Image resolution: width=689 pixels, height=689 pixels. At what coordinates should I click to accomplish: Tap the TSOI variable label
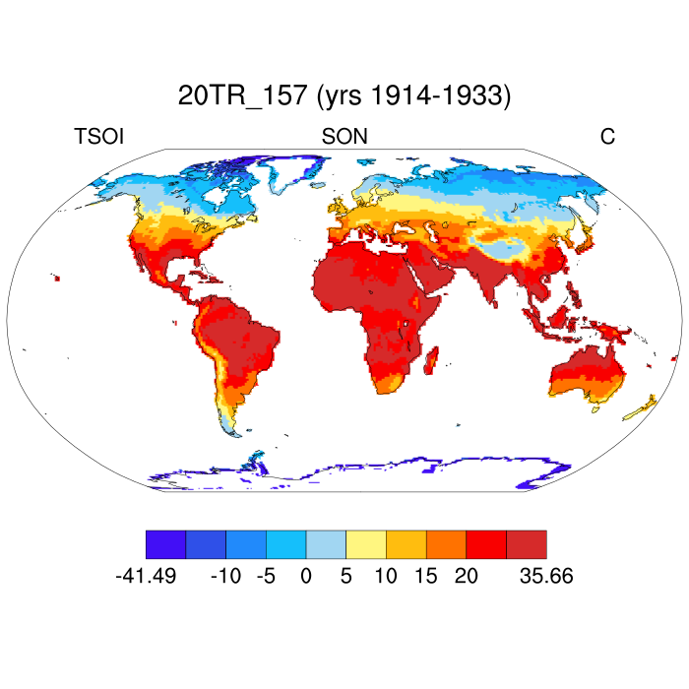(x=98, y=137)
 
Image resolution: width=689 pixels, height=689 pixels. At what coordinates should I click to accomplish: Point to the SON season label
(x=344, y=137)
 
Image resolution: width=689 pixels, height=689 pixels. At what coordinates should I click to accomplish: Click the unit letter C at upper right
(x=607, y=137)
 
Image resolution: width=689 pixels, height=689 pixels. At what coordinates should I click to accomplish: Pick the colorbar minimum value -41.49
(x=146, y=576)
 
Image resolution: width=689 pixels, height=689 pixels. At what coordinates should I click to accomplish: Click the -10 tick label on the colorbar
(x=226, y=576)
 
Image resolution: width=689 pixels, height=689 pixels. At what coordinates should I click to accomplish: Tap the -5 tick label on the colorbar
(x=266, y=576)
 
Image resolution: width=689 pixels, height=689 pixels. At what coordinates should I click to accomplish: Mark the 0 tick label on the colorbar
(x=306, y=576)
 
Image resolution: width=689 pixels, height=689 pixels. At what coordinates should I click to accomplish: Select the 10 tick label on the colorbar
(x=386, y=576)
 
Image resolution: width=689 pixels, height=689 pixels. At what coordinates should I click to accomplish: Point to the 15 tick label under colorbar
(x=426, y=576)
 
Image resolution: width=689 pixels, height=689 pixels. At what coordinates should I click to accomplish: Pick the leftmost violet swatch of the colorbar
(x=165, y=544)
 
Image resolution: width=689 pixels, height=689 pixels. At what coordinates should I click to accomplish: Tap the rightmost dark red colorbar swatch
(x=526, y=544)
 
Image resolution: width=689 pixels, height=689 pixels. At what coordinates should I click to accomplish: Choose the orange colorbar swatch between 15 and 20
(x=446, y=544)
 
